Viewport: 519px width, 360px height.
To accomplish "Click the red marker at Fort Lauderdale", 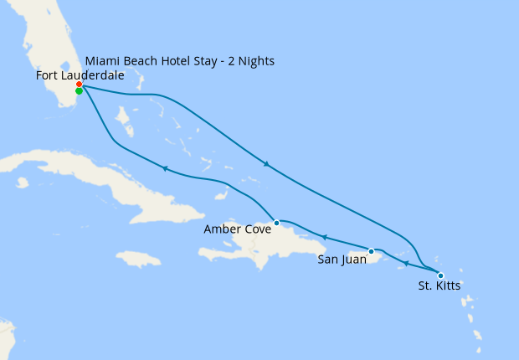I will point(79,85).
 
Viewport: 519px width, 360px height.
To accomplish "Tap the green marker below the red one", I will point(79,91).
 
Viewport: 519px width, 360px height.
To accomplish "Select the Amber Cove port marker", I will point(276,223).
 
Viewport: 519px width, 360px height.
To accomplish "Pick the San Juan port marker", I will point(371,251).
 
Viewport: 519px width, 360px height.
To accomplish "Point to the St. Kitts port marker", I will point(440,275).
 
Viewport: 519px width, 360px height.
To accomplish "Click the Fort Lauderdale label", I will point(80,75).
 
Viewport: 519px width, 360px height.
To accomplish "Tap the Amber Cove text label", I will point(238,229).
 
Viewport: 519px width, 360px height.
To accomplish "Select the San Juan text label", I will point(342,260).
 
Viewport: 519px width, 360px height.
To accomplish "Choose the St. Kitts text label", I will point(439,286).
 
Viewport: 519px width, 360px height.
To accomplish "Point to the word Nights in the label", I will point(254,61).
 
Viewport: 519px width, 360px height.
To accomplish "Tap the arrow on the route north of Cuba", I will point(165,168).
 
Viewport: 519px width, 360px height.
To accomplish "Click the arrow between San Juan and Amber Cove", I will point(324,238).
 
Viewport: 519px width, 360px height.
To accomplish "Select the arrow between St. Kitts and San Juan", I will point(405,263).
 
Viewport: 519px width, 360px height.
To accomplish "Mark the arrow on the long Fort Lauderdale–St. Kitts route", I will point(266,164).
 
